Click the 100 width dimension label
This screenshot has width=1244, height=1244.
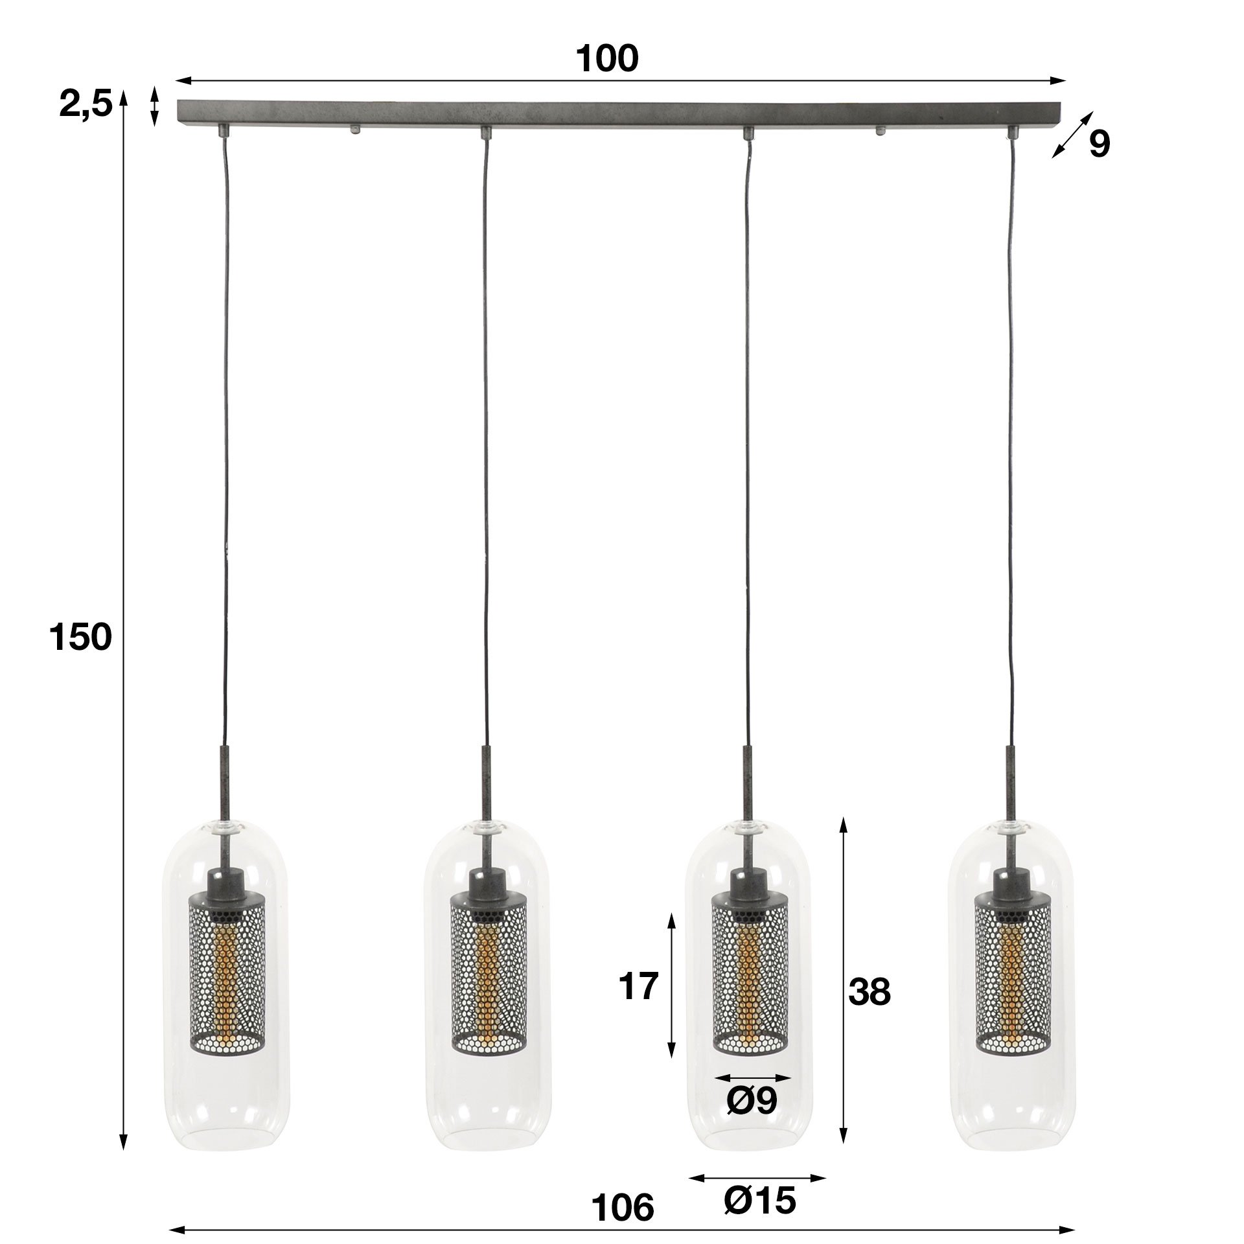coord(607,60)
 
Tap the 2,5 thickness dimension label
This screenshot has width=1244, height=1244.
coord(86,104)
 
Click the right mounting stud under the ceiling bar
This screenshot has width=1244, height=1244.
coord(881,130)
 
